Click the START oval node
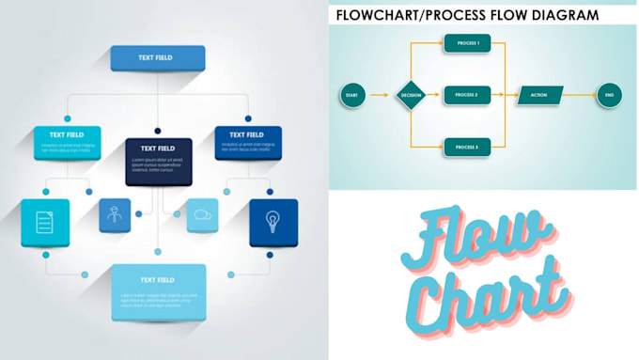(351, 95)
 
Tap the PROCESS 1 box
(467, 43)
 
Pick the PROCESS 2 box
(467, 95)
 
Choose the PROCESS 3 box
(467, 148)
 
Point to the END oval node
(609, 95)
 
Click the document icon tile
(45, 222)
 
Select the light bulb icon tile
(273, 222)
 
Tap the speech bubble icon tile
(202, 215)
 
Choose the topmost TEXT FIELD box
(158, 57)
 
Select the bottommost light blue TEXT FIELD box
(158, 291)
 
